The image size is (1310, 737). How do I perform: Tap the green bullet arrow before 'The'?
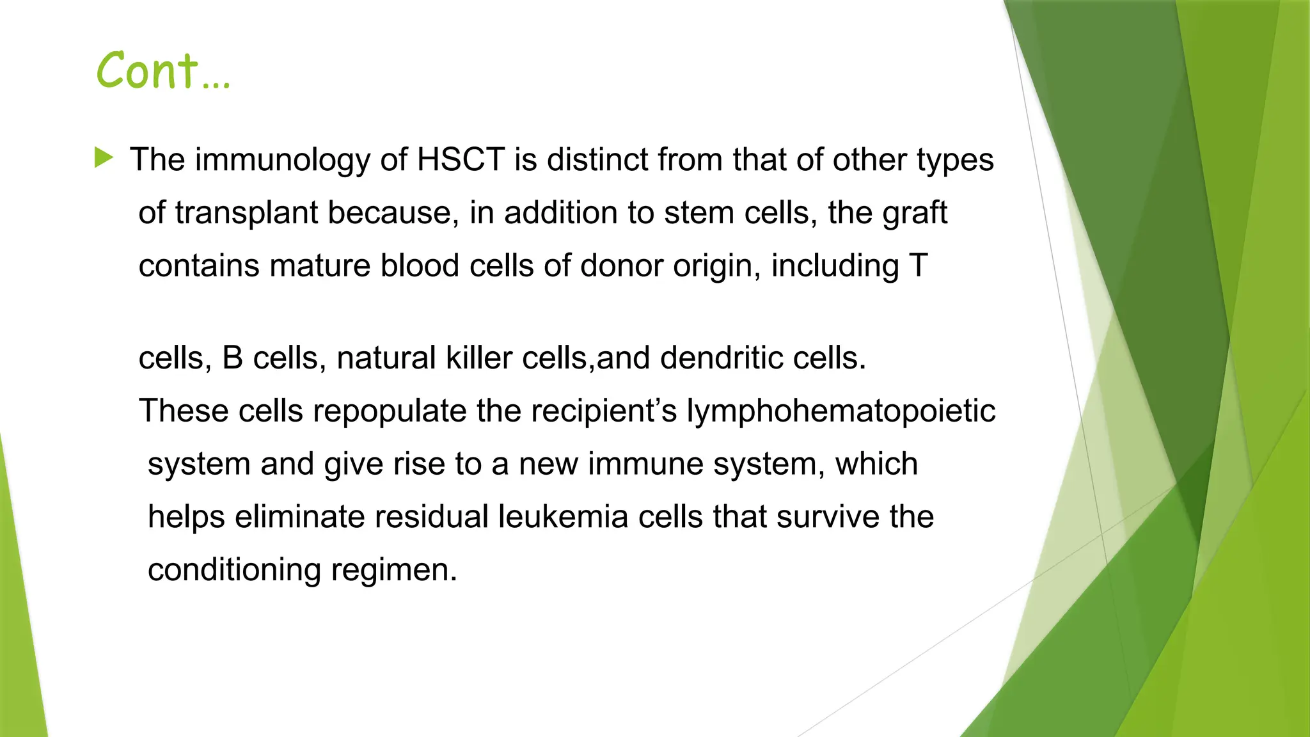104,157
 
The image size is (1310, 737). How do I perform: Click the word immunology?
282,161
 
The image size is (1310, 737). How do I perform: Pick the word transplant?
246,214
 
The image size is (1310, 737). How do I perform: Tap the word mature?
320,265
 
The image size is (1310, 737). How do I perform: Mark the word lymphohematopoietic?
840,411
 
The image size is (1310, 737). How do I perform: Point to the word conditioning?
234,570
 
